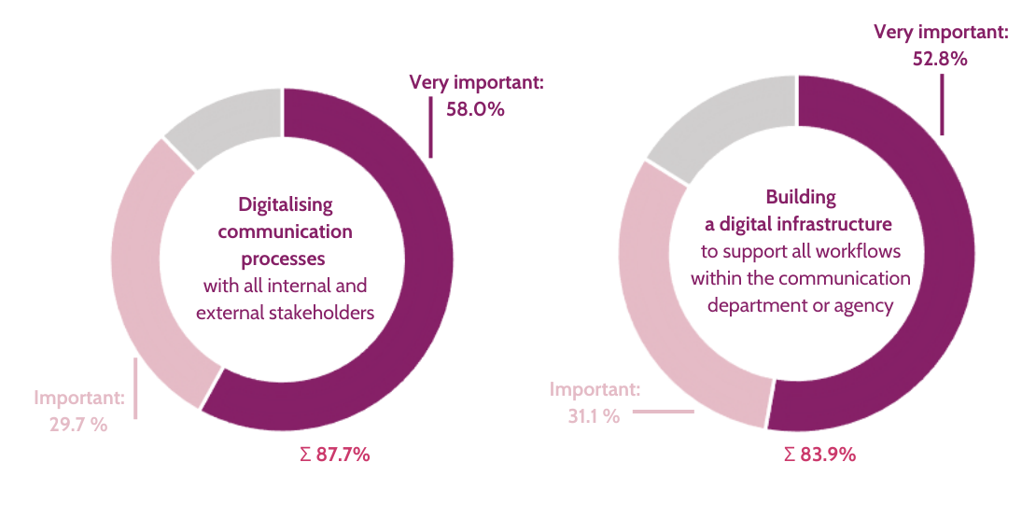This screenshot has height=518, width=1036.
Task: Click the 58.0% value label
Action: pyautogui.click(x=476, y=109)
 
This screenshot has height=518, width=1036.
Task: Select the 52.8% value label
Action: pyautogui.click(x=940, y=58)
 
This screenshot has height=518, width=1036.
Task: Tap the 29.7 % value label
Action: pyautogui.click(x=78, y=425)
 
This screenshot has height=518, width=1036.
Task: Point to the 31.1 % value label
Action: pyautogui.click(x=594, y=416)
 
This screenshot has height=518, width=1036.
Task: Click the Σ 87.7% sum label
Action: pyautogui.click(x=330, y=455)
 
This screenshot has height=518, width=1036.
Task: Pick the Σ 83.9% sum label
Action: pyautogui.click(x=819, y=455)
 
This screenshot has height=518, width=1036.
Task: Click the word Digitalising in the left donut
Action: pyautogui.click(x=286, y=204)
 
